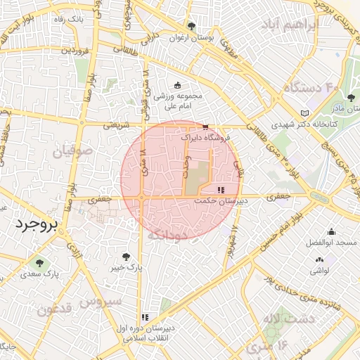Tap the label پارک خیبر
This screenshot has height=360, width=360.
point(126,268)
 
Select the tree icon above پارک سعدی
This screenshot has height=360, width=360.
point(39,264)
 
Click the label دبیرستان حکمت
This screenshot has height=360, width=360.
point(221,200)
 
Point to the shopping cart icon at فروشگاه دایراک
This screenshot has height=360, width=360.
point(205,127)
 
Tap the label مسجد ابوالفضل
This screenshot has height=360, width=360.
point(331,243)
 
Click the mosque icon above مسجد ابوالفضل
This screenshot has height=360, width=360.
point(331,232)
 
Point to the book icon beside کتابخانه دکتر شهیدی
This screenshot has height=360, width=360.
point(304,113)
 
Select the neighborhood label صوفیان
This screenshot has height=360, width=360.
point(72,150)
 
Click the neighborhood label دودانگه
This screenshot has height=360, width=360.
point(167,234)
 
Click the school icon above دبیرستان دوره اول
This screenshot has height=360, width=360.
point(145,317)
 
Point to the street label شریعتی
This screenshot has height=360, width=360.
point(117,126)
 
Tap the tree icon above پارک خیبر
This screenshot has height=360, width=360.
point(126,257)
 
